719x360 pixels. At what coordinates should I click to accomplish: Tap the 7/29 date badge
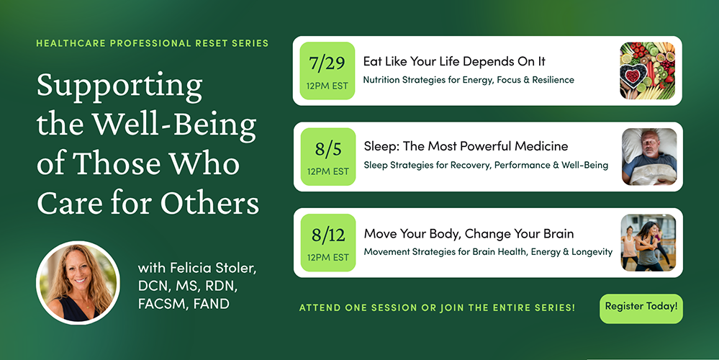(x=327, y=71)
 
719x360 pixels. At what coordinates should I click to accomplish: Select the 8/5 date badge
(x=328, y=157)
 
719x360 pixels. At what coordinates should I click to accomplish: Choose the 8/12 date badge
(x=328, y=243)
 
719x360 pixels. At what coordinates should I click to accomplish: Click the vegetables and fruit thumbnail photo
(x=648, y=71)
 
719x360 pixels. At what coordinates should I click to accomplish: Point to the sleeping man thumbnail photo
(x=649, y=157)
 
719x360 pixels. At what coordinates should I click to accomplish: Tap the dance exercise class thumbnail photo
(x=648, y=243)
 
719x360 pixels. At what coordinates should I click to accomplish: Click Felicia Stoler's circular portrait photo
(x=78, y=283)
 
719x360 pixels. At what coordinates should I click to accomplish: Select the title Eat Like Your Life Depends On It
(x=454, y=61)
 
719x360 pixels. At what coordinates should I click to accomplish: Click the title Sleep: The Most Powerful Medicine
(x=466, y=146)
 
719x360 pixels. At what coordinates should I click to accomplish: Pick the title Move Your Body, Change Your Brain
(x=469, y=233)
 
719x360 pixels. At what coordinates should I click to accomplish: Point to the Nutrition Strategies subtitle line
(x=469, y=80)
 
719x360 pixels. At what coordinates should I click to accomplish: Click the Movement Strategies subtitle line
(x=488, y=252)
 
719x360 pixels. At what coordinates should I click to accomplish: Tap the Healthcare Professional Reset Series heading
(x=153, y=44)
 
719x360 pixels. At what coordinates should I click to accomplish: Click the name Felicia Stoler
(x=213, y=268)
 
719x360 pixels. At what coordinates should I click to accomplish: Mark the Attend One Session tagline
(x=437, y=307)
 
